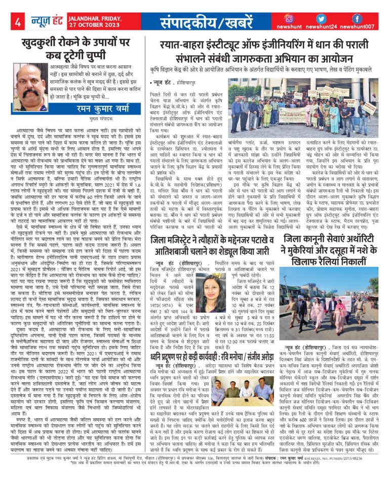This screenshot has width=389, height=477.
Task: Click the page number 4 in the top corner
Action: click(18, 22)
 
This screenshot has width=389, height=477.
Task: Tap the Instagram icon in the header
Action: click(289, 19)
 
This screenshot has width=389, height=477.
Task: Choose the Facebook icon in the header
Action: click(357, 19)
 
